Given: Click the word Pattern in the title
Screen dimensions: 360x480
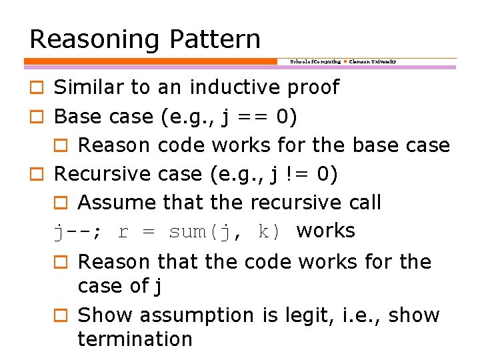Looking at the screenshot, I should (x=215, y=39).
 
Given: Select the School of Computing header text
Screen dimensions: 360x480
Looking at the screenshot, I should (x=315, y=61).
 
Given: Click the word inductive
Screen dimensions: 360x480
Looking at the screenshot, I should (x=236, y=87).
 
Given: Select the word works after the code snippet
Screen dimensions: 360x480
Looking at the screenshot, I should (x=326, y=231).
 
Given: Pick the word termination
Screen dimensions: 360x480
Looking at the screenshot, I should (x=135, y=339).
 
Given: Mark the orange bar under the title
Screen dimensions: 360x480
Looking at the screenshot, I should (x=151, y=61).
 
